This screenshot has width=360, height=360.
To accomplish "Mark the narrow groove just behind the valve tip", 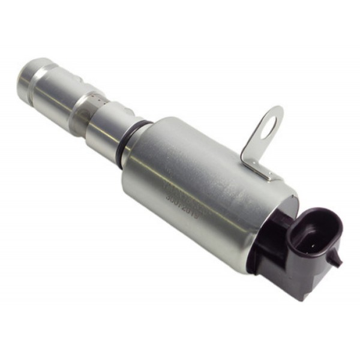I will click(41, 77).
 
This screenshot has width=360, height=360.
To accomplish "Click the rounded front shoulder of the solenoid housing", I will click(135, 165).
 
